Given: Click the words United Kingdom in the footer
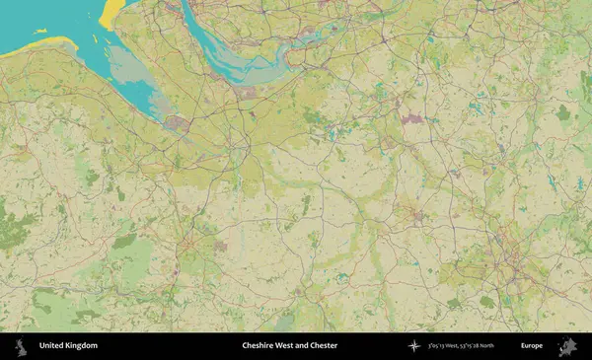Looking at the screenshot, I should pos(68,345).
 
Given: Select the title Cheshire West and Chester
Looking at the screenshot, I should pos(289,345).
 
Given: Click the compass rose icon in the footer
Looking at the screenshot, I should pos(413,345).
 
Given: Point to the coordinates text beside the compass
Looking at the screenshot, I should pos(461,345).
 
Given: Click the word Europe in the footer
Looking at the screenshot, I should pos(531,345).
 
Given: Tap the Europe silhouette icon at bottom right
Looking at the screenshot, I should pos(567,345).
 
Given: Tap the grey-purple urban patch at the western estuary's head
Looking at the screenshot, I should pos(178,123).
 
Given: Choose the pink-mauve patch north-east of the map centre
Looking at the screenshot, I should pos(412,119).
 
